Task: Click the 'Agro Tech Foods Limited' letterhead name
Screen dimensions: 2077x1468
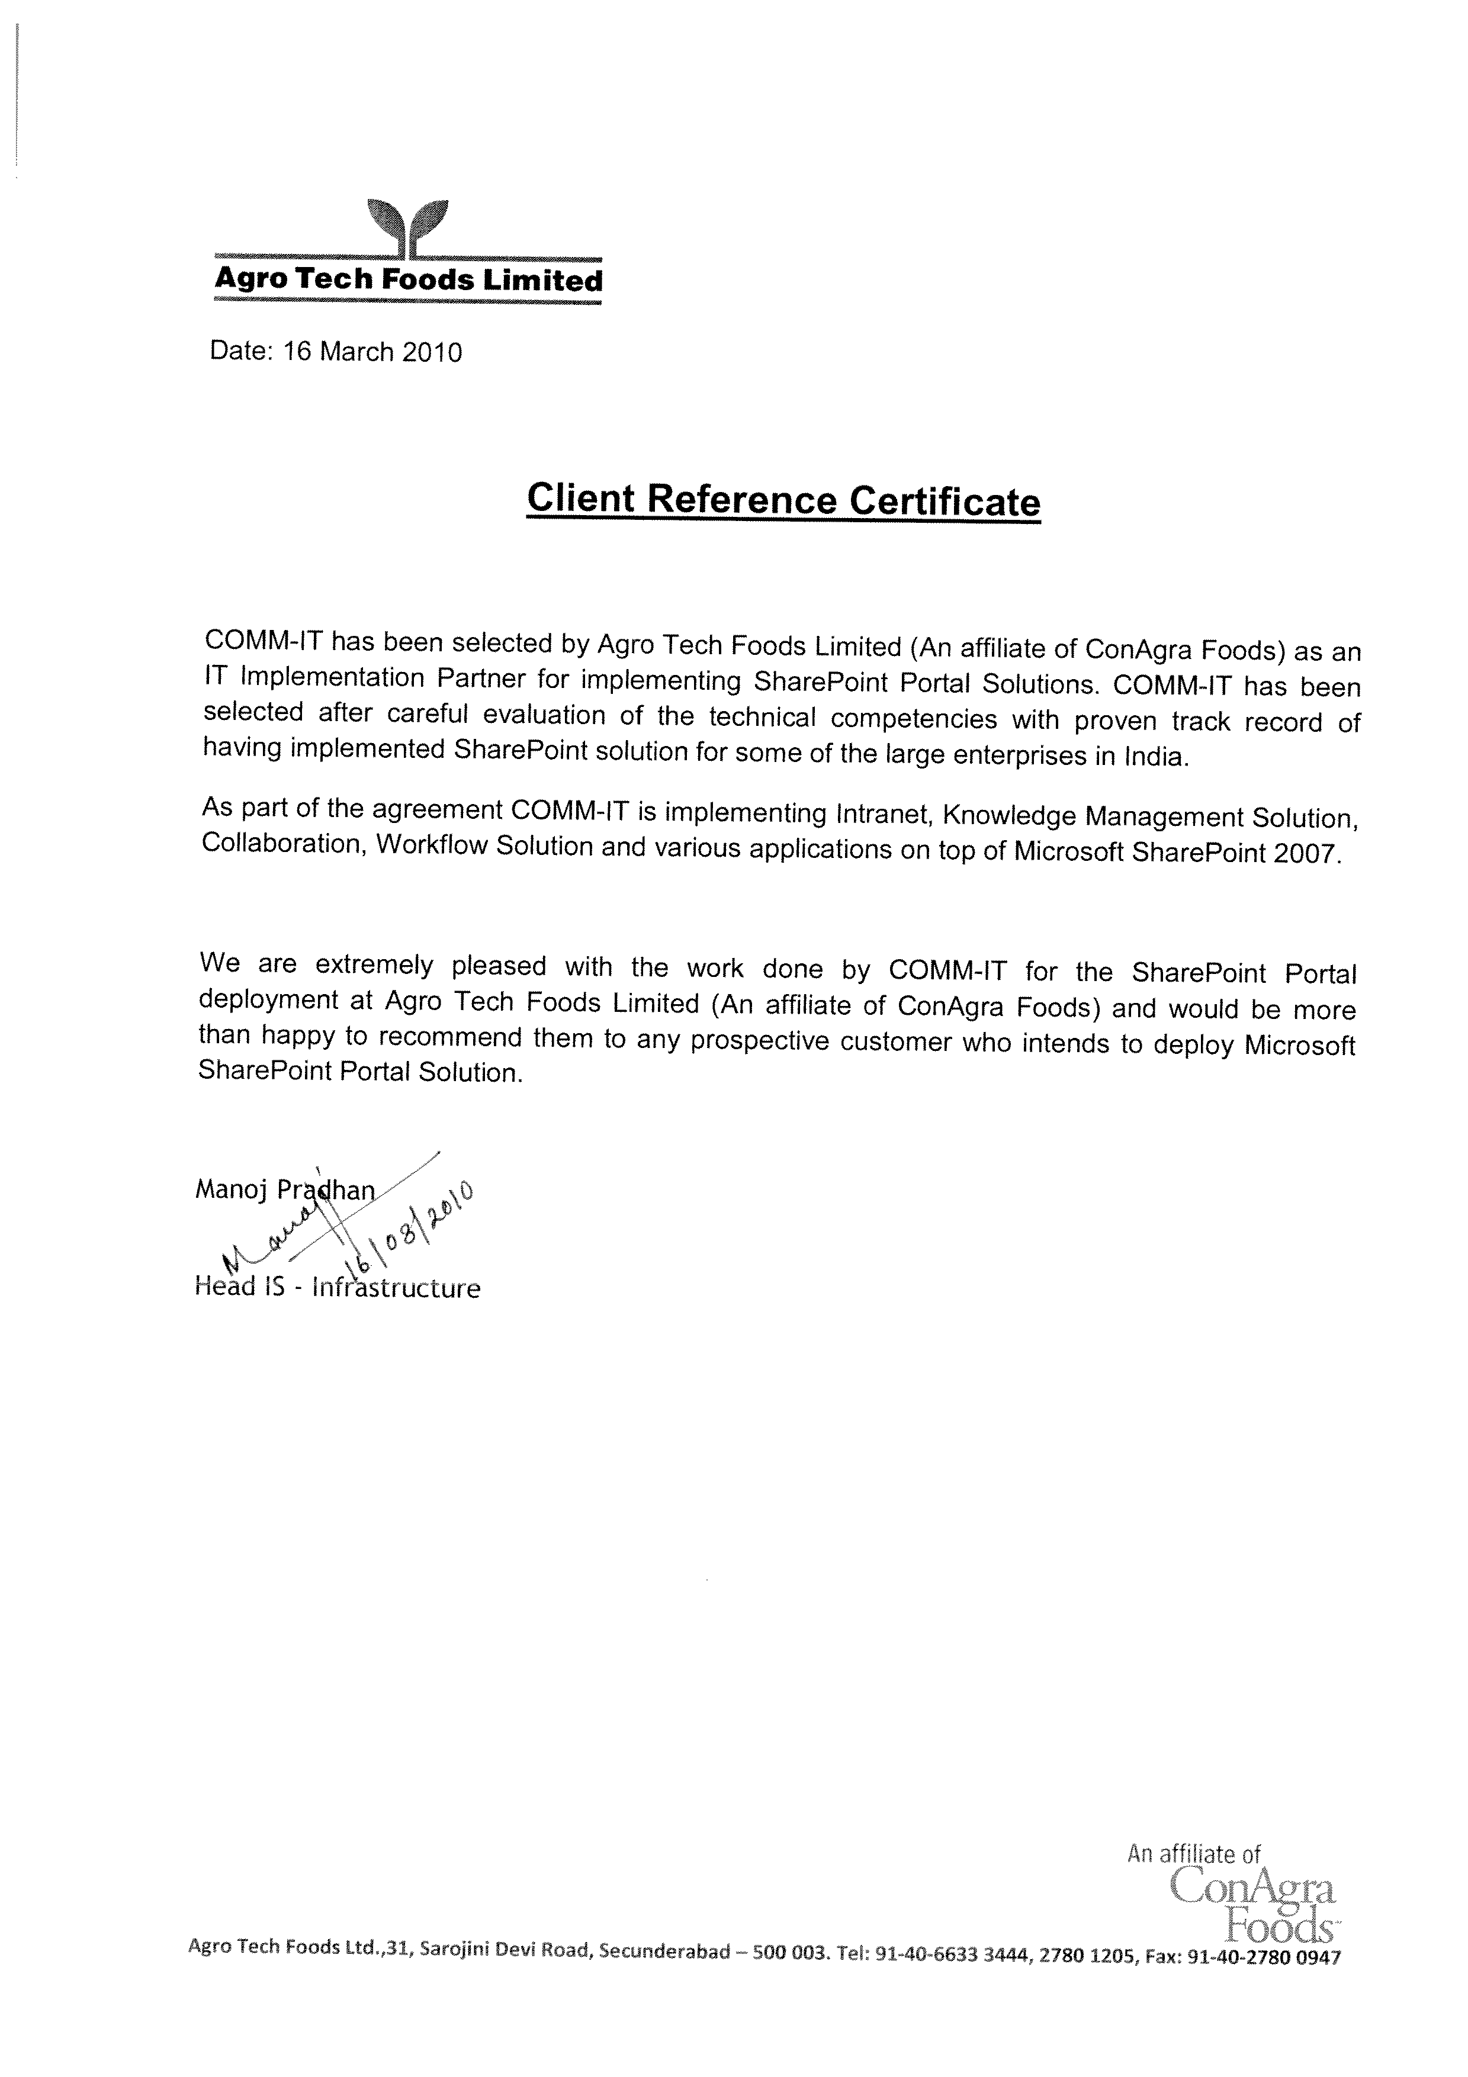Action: pos(408,279)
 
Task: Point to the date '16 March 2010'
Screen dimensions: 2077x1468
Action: pos(372,352)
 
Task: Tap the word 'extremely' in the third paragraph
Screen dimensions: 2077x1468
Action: pos(374,965)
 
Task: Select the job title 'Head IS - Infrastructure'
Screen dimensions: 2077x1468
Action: pos(338,1287)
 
